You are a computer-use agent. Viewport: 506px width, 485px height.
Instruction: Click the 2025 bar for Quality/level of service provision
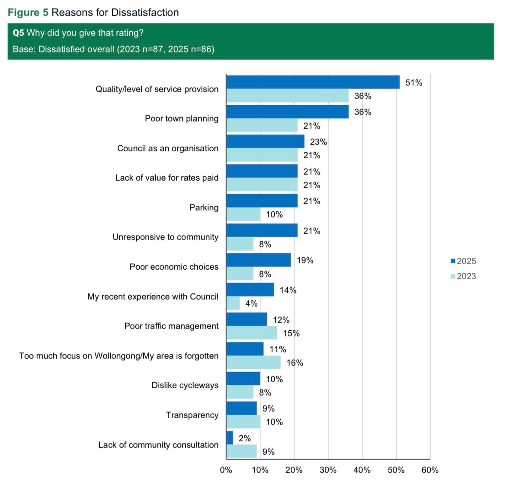(313, 82)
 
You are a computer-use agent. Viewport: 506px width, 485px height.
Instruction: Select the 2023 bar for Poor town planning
(262, 125)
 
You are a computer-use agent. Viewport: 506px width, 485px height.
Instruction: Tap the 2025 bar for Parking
(262, 201)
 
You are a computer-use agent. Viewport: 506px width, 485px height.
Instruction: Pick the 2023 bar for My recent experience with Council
(233, 303)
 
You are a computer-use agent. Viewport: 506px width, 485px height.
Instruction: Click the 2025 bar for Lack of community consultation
(230, 438)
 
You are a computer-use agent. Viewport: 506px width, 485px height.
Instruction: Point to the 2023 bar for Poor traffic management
(252, 333)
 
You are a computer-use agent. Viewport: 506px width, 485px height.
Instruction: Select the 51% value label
(414, 83)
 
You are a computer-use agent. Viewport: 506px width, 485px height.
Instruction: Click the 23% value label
(318, 142)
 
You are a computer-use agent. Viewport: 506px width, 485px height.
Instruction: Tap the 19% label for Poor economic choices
(305, 260)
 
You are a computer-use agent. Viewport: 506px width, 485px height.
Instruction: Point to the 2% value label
(245, 438)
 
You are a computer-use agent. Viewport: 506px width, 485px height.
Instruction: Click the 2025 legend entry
(463, 261)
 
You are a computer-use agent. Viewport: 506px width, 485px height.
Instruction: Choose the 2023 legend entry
(463, 276)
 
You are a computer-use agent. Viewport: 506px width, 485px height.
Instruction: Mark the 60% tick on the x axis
(430, 470)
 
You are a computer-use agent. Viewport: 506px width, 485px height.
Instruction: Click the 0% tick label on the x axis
(226, 470)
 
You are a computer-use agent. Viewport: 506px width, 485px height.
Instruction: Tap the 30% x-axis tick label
(328, 470)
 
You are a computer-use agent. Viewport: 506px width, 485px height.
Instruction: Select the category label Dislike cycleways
(185, 385)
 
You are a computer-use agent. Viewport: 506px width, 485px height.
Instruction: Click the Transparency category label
(192, 415)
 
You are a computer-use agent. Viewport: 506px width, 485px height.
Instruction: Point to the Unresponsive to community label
(166, 237)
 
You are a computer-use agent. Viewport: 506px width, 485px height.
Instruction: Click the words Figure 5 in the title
(28, 12)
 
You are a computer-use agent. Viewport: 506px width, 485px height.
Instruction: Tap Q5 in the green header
(18, 33)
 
